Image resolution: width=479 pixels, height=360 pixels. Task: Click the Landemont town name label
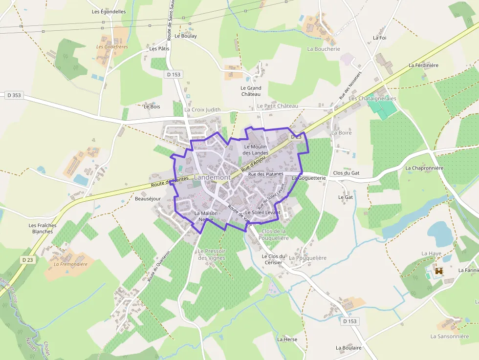tap(212, 177)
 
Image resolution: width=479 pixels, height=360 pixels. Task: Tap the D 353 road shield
tap(14, 95)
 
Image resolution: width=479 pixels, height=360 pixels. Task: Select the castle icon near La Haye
tap(438, 271)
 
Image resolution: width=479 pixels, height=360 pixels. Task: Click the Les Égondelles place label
tap(109, 12)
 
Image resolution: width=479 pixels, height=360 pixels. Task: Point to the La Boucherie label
tap(324, 49)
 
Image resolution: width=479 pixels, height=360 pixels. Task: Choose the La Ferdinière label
tap(424, 65)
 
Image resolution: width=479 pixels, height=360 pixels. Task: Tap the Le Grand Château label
tap(251, 91)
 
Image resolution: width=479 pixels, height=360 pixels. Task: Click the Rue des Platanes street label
tap(265, 174)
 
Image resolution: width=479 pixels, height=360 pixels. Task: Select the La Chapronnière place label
tap(424, 168)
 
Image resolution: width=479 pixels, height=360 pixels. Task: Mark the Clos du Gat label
tap(346, 173)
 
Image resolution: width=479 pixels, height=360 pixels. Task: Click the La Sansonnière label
tap(450, 336)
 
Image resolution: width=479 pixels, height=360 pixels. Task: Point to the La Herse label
tap(287, 339)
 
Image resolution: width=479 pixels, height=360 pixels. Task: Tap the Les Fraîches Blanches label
tap(43, 228)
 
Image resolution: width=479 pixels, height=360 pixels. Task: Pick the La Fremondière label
tap(70, 264)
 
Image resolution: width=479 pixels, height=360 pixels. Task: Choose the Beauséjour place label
tap(148, 199)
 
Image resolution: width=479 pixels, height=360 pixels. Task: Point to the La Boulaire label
tap(348, 348)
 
